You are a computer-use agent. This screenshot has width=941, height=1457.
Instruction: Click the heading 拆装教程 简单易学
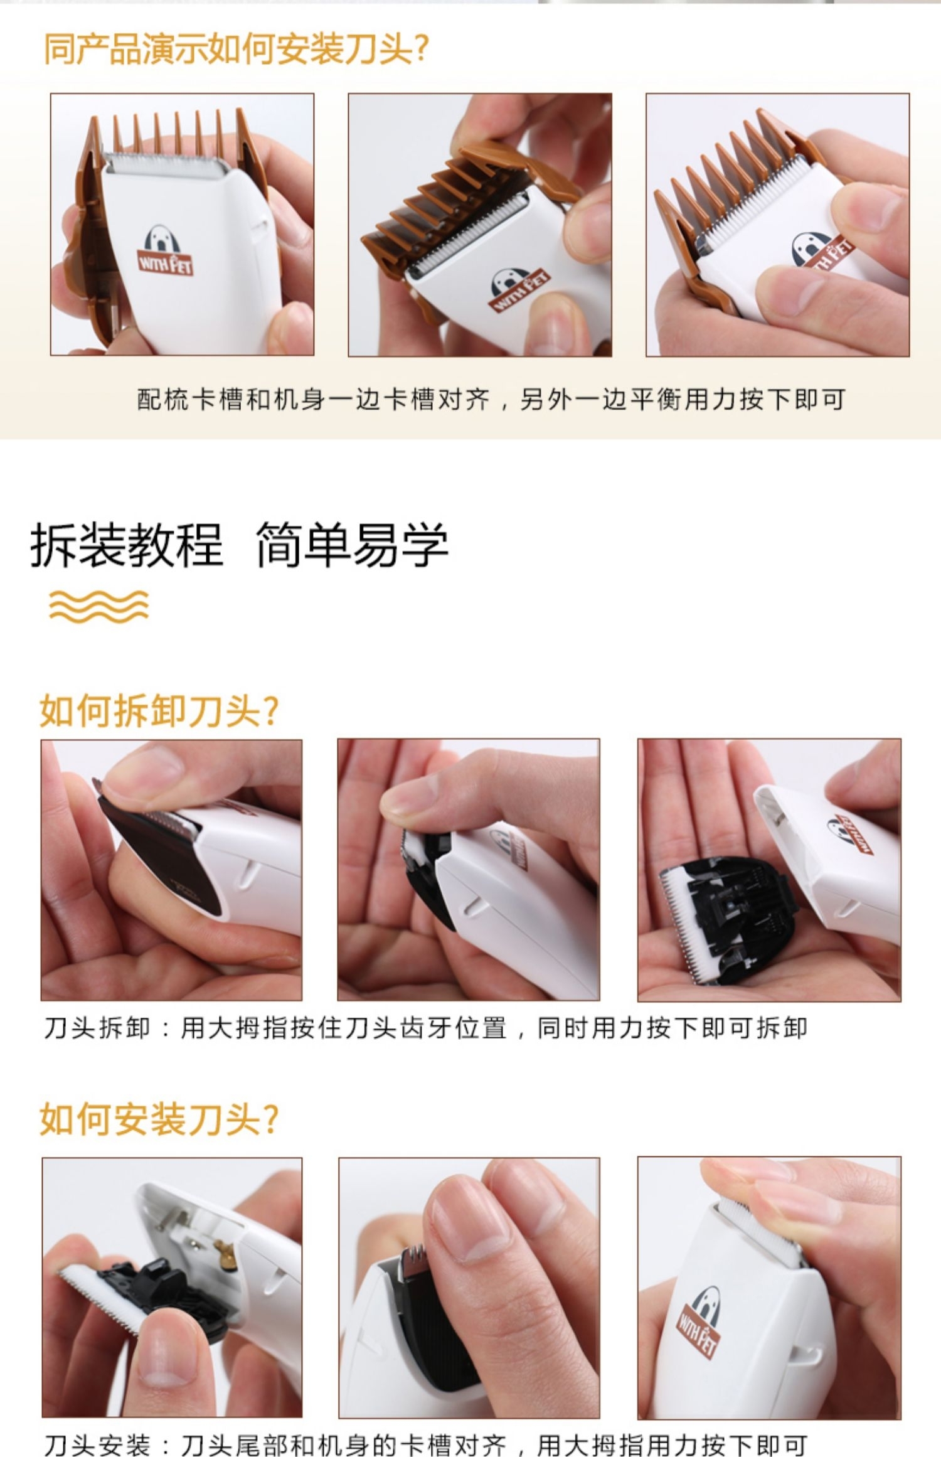(x=239, y=544)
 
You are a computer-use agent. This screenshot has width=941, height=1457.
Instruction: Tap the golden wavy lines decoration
(x=99, y=606)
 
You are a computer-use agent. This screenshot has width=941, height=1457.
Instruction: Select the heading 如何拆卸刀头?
(x=159, y=711)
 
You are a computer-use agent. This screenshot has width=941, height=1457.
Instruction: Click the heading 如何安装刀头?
(x=159, y=1119)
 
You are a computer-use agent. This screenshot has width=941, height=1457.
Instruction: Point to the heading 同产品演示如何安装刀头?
(x=237, y=50)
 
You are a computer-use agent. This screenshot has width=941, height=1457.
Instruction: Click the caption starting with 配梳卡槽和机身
(x=491, y=399)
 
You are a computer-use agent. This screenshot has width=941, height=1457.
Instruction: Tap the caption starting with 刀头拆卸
(x=425, y=1028)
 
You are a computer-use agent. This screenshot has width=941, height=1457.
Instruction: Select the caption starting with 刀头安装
(x=425, y=1442)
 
